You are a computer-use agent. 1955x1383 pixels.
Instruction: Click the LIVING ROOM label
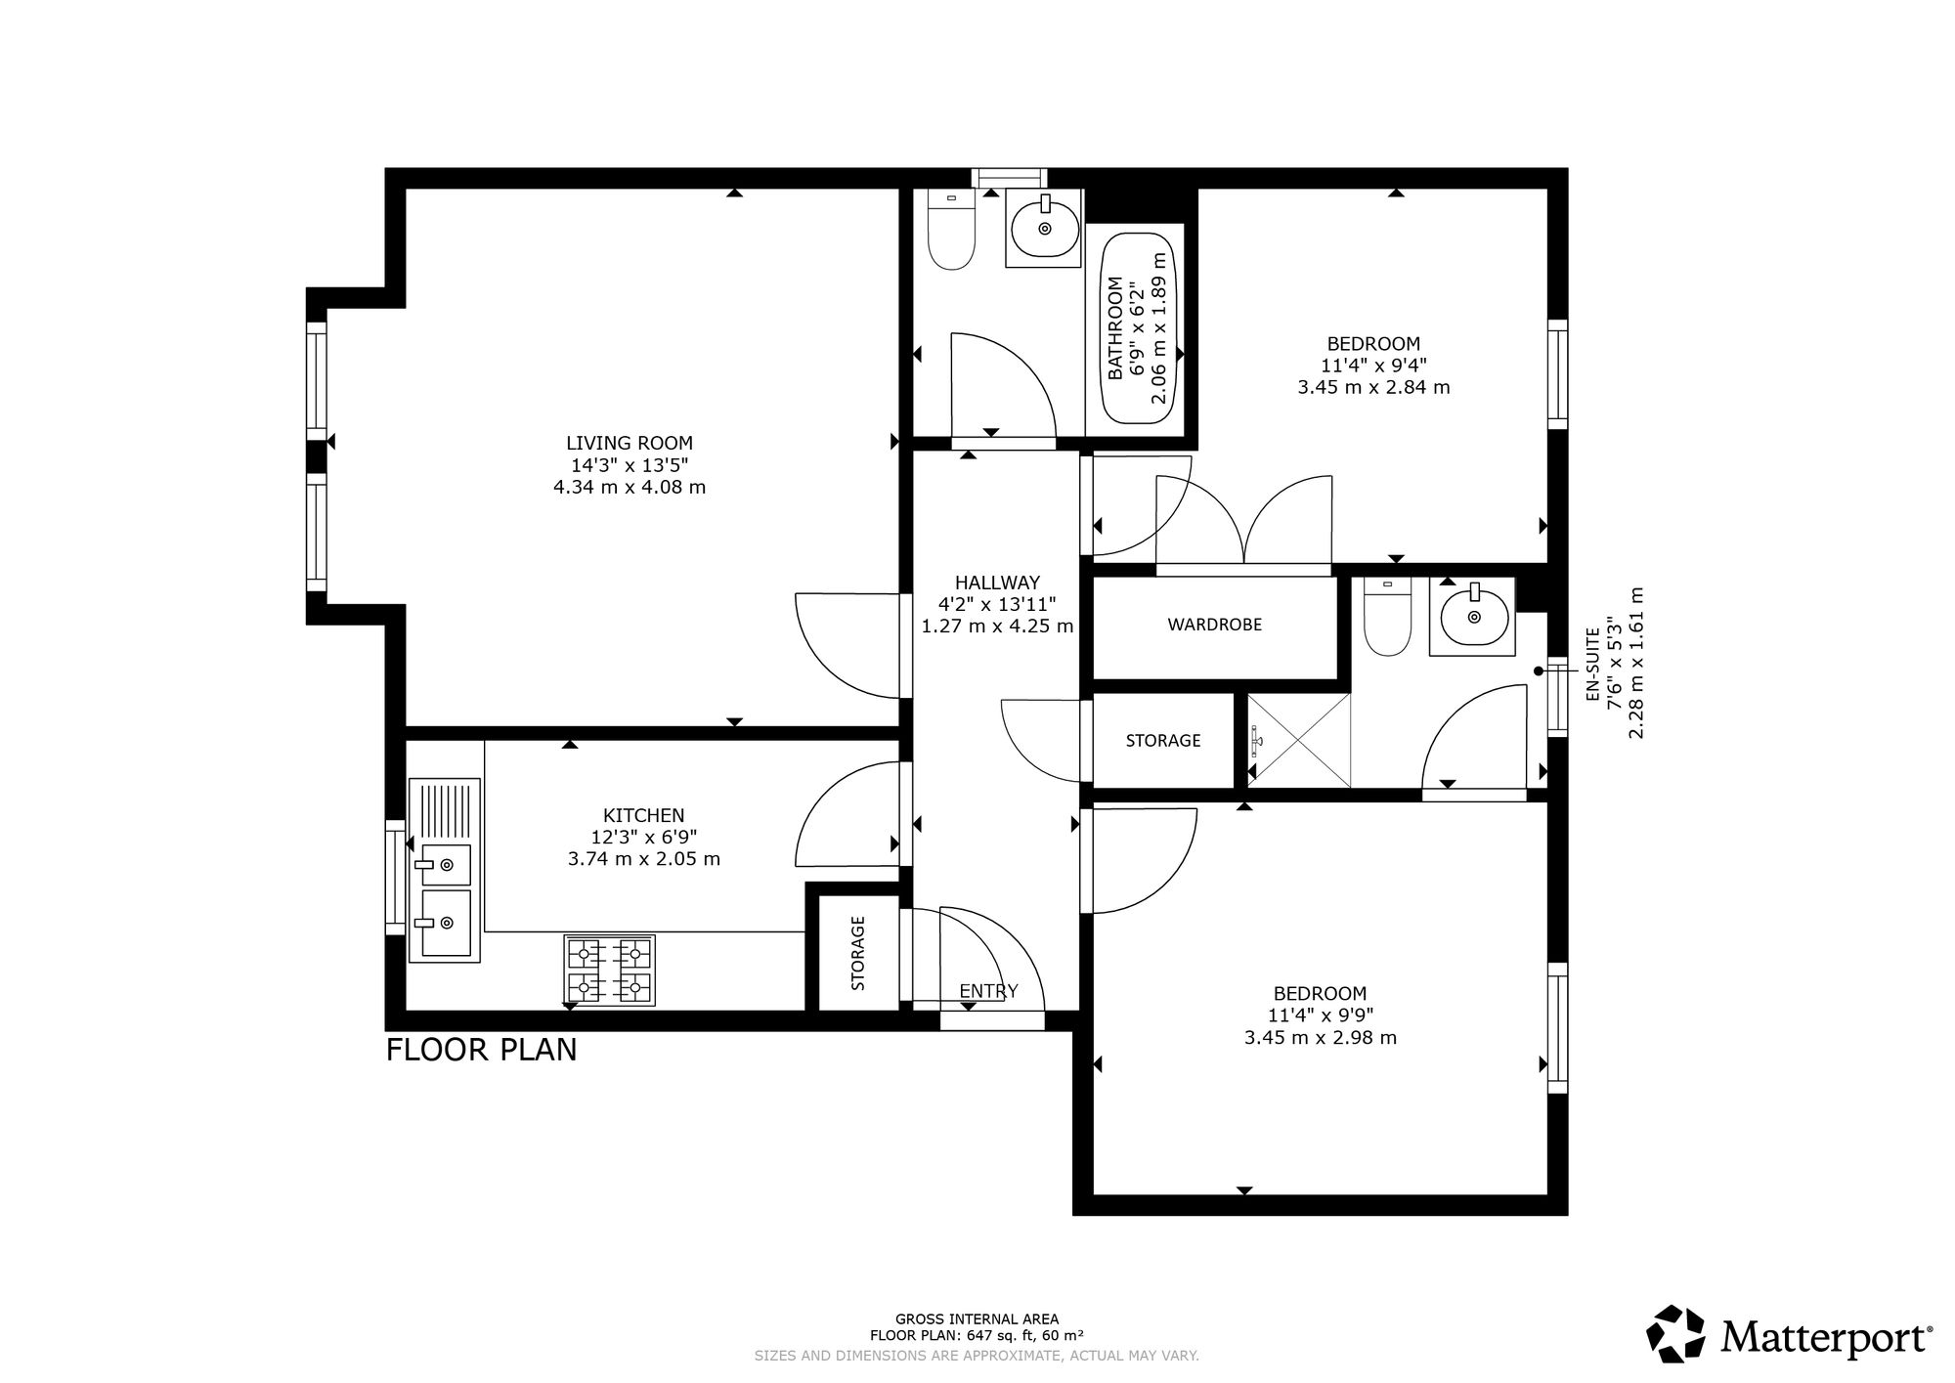coord(630,443)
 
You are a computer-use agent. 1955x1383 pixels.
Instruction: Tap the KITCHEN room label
coord(643,815)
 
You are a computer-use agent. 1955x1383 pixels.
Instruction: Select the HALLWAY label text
coord(997,583)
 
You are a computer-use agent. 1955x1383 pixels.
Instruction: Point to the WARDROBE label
coord(1214,625)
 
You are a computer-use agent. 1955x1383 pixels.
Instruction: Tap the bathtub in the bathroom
coord(1139,327)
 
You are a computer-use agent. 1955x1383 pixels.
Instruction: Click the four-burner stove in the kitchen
coord(609,971)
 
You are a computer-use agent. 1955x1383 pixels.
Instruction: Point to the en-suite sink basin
coord(1472,617)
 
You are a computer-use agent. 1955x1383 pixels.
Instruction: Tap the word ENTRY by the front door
coord(988,991)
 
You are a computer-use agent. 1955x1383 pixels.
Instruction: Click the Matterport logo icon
coord(1676,1334)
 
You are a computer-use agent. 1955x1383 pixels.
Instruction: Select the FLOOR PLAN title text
coord(481,1050)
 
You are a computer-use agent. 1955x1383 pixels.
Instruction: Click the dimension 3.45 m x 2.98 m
coord(1320,1038)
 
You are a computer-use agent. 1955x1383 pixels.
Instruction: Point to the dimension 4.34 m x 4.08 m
coord(630,487)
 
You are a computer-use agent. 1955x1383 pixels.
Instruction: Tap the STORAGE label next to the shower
coord(1163,741)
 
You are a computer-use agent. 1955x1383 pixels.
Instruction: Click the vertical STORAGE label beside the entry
coord(858,953)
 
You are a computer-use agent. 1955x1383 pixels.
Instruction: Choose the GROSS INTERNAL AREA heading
coord(977,1318)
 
